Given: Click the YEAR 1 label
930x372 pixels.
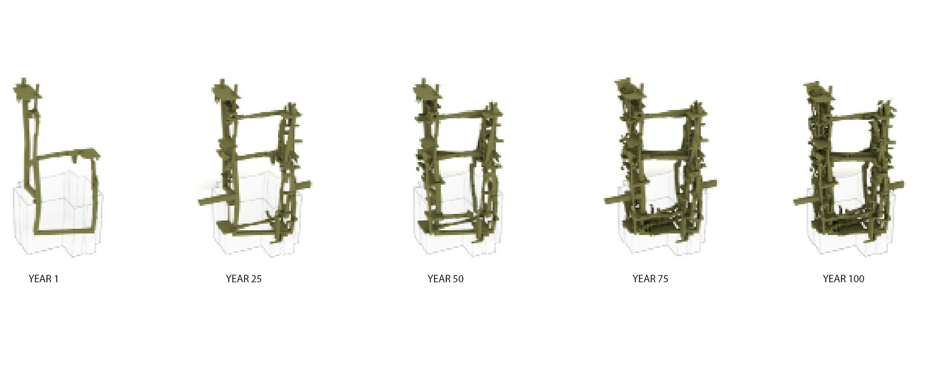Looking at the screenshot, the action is click(x=43, y=279).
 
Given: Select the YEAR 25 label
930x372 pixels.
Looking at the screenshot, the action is click(x=244, y=279).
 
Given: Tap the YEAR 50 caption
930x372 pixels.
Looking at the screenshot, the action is click(x=445, y=279).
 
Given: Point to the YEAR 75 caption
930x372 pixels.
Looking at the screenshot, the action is click(x=650, y=279).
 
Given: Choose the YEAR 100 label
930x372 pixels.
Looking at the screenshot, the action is click(x=844, y=279).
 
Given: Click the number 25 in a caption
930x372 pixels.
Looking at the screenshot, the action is click(x=256, y=279).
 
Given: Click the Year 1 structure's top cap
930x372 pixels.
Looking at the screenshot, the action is click(x=27, y=90).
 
